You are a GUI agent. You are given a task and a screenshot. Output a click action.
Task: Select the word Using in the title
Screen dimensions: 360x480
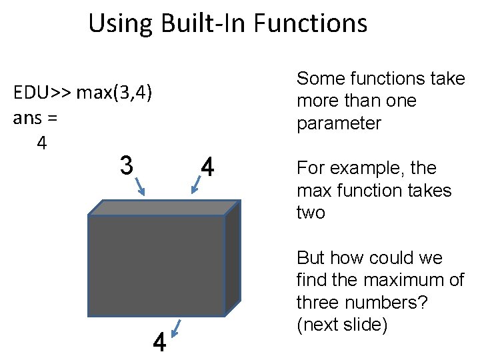coord(121,24)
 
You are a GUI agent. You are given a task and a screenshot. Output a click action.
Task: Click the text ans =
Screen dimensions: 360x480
coord(35,118)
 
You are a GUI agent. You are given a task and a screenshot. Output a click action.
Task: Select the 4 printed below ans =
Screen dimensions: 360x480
coord(41,143)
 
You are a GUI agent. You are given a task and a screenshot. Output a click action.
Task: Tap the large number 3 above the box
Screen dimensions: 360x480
coord(126,165)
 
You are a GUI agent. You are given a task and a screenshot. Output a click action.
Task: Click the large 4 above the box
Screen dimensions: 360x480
coord(207,167)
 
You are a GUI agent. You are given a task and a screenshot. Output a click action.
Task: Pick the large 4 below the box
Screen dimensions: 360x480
coord(159,343)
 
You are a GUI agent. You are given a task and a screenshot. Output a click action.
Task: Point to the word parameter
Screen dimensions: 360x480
coord(339,124)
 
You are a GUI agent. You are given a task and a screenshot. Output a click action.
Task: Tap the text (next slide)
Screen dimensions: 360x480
coord(342,325)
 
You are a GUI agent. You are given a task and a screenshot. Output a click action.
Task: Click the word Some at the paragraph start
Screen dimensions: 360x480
coord(318,79)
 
